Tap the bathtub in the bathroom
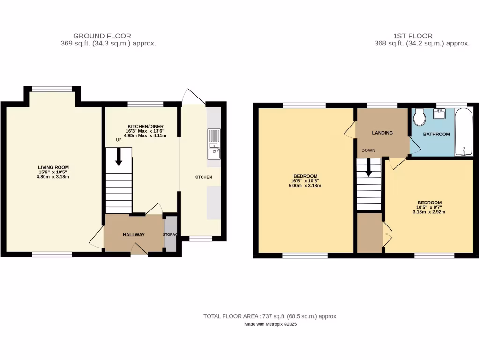[x=464, y=132]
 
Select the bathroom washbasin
[x=440, y=114]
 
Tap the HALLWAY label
[x=134, y=235]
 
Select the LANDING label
[x=382, y=133]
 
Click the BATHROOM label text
[x=436, y=134]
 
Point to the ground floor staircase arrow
[x=119, y=157]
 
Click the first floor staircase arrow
[x=369, y=167]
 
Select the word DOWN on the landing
[x=367, y=150]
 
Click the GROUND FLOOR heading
[x=102, y=36]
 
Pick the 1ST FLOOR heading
[x=413, y=36]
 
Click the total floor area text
[x=270, y=316]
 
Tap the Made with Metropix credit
[x=270, y=324]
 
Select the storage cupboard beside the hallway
[x=171, y=234]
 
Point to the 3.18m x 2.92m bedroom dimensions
[x=429, y=212]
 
